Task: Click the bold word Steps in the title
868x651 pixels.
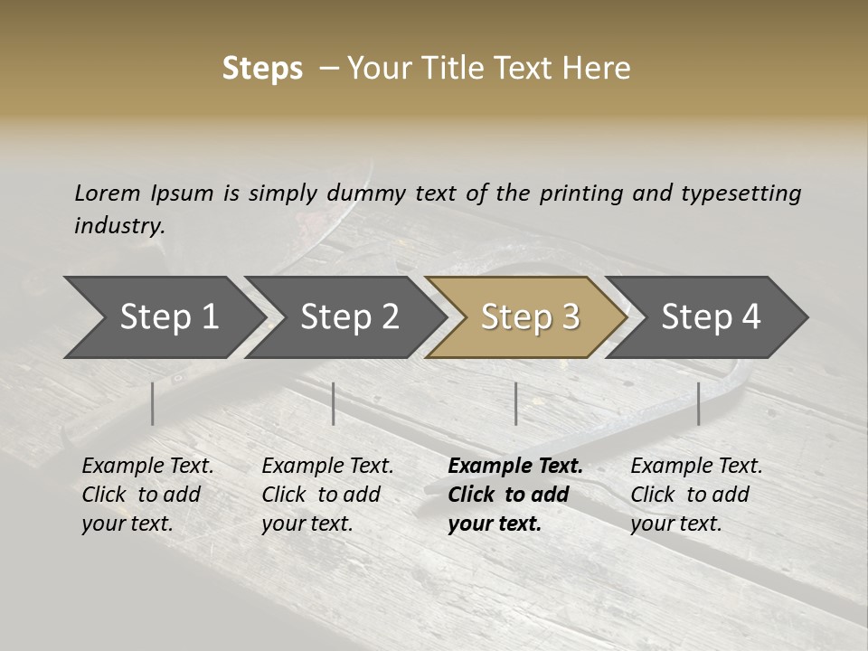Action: coord(262,69)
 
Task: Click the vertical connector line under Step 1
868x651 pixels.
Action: coord(152,403)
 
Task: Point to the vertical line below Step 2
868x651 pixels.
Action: coord(334,403)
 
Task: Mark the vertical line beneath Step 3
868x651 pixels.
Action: coord(515,403)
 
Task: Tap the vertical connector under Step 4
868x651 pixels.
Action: coord(698,403)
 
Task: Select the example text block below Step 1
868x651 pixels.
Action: coord(147,495)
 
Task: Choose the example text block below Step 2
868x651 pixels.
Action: coord(327,495)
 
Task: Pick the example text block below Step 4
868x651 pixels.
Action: coord(696,495)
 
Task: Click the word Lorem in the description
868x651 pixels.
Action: coord(108,193)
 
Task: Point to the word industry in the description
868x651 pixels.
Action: coord(119,226)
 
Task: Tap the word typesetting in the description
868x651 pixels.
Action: coord(741,193)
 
